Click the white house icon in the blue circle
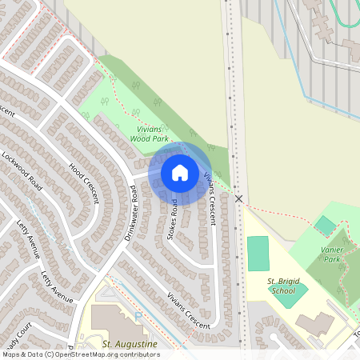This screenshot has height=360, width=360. click(180, 172)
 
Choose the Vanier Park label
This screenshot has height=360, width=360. click(331, 254)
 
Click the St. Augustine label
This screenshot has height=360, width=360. click(130, 344)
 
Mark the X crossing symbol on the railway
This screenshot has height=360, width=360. click(238, 197)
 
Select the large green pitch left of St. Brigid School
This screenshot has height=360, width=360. click(258, 253)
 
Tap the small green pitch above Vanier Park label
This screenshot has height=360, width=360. click(325, 225)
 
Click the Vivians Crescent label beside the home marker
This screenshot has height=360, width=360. click(209, 189)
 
